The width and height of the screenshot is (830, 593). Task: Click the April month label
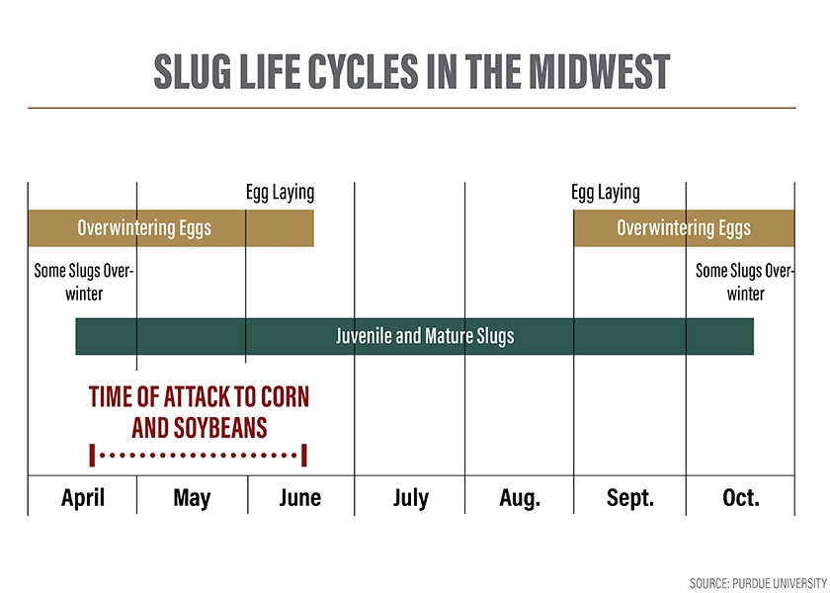(83, 496)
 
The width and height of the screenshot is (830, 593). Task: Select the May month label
(192, 496)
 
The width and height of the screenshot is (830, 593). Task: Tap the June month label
(300, 496)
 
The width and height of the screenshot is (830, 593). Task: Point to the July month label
(410, 496)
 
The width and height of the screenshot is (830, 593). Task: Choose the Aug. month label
(520, 496)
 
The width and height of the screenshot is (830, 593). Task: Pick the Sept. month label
(630, 496)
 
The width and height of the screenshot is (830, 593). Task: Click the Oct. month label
(741, 496)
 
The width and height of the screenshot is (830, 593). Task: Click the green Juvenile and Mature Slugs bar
(415, 336)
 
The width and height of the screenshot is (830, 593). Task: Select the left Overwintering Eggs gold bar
(170, 228)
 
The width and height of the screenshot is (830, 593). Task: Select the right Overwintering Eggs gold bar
(684, 228)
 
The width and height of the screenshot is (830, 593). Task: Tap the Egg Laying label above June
(280, 193)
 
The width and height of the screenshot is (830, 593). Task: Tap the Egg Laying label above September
(606, 193)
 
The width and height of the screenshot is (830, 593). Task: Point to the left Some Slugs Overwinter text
(83, 282)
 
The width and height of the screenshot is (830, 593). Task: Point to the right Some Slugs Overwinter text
(745, 282)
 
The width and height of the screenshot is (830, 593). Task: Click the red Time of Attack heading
(199, 397)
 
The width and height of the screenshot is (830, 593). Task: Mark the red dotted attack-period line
(199, 456)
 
